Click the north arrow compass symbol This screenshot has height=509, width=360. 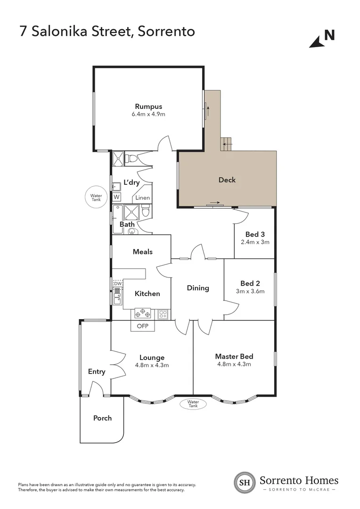[322, 38]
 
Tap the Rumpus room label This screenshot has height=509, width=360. [148, 106]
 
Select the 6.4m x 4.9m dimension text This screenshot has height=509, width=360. [148, 114]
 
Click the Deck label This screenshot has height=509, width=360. [227, 180]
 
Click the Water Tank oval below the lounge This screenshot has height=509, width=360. [194, 404]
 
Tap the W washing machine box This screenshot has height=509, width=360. [116, 197]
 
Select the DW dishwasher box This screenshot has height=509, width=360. [117, 283]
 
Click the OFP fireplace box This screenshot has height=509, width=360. [142, 326]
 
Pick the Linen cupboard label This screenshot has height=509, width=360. [142, 198]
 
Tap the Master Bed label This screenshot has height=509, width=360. [234, 356]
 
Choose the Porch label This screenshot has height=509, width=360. [102, 418]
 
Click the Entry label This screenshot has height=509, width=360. [97, 372]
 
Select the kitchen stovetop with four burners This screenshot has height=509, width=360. [143, 313]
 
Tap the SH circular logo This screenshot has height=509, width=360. [245, 482]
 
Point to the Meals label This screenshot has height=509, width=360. [143, 252]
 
